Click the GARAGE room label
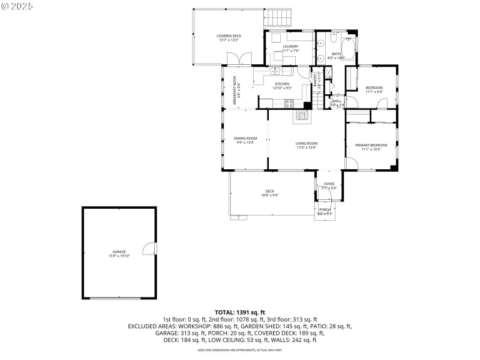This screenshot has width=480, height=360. pyautogui.click(x=119, y=251)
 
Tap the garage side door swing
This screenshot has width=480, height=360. pyautogui.click(x=149, y=248)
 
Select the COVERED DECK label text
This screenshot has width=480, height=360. pyautogui.click(x=229, y=36)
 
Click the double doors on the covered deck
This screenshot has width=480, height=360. pyautogui.click(x=238, y=59)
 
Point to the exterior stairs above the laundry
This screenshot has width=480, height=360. pyautogui.click(x=279, y=19)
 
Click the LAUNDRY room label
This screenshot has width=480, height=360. pyautogui.click(x=291, y=46)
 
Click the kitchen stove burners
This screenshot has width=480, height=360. pyautogui.click(x=289, y=103)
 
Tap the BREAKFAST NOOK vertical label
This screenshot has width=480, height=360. pyautogui.click(x=235, y=90)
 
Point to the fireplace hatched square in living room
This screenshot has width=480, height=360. pyautogui.click(x=301, y=116)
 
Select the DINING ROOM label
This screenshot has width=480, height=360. pyautogui.click(x=245, y=138)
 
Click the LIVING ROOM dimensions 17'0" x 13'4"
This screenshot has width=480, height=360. pyautogui.click(x=306, y=148)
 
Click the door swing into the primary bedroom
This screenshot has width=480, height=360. pyautogui.click(x=351, y=163)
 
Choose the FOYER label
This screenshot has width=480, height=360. pyautogui.click(x=329, y=184)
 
